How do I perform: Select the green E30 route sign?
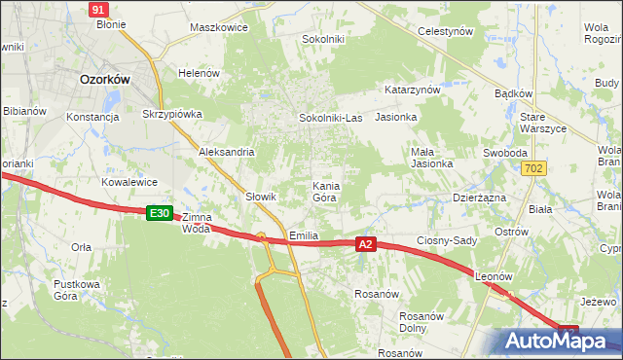point(160,212)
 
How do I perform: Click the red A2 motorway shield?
point(365,244)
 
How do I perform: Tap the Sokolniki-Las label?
point(329,118)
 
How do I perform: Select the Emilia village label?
point(305,236)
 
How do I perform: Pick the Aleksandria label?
point(226,152)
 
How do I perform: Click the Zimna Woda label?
point(197,224)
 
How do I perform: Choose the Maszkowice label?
point(219,27)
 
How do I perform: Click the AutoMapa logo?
point(557,341)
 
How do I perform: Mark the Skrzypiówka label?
point(172,114)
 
